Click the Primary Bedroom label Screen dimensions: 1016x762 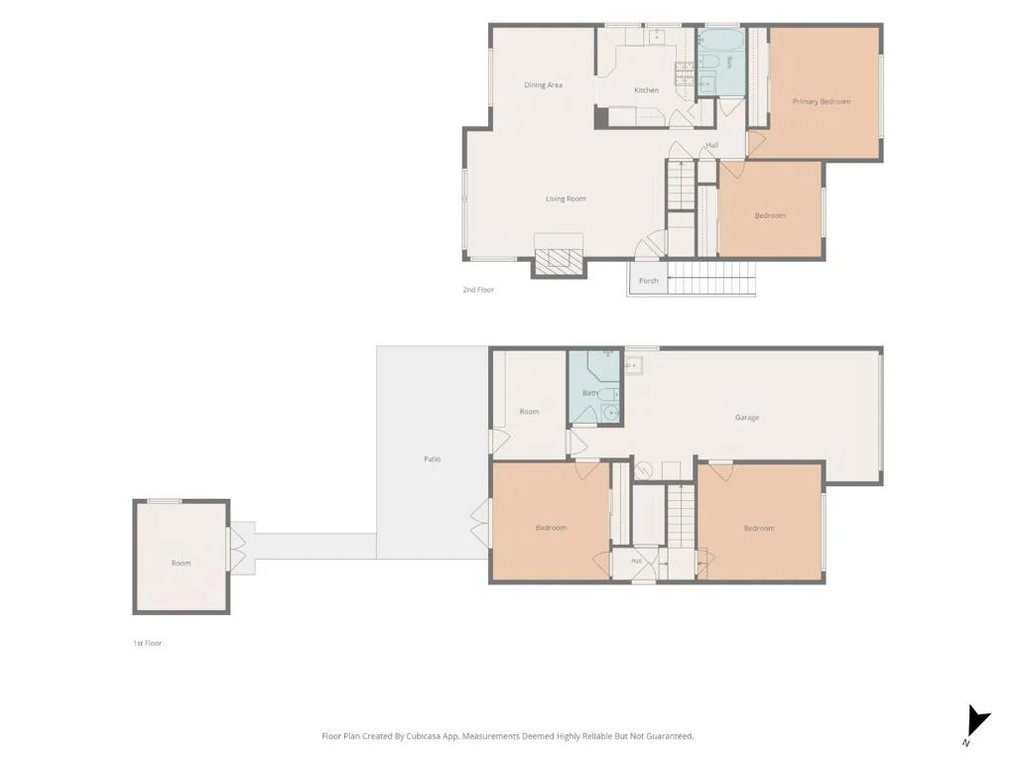(821, 102)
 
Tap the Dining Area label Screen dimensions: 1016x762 (543, 85)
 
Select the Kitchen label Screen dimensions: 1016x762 (646, 90)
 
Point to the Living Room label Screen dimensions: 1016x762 (566, 198)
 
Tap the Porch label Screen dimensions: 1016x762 (649, 281)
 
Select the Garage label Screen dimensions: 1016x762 (747, 418)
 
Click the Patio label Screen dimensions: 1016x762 (433, 458)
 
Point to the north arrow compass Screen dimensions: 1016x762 (976, 723)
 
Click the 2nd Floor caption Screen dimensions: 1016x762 (478, 290)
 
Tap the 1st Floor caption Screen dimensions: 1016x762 (148, 643)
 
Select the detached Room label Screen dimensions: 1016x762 (182, 564)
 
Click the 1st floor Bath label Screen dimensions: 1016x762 (590, 393)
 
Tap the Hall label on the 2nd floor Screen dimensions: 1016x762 (712, 145)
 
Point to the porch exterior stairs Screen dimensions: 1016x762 (711, 279)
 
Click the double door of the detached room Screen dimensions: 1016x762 (237, 548)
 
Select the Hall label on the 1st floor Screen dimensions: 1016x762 (636, 562)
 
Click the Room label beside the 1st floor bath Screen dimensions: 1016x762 (530, 412)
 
